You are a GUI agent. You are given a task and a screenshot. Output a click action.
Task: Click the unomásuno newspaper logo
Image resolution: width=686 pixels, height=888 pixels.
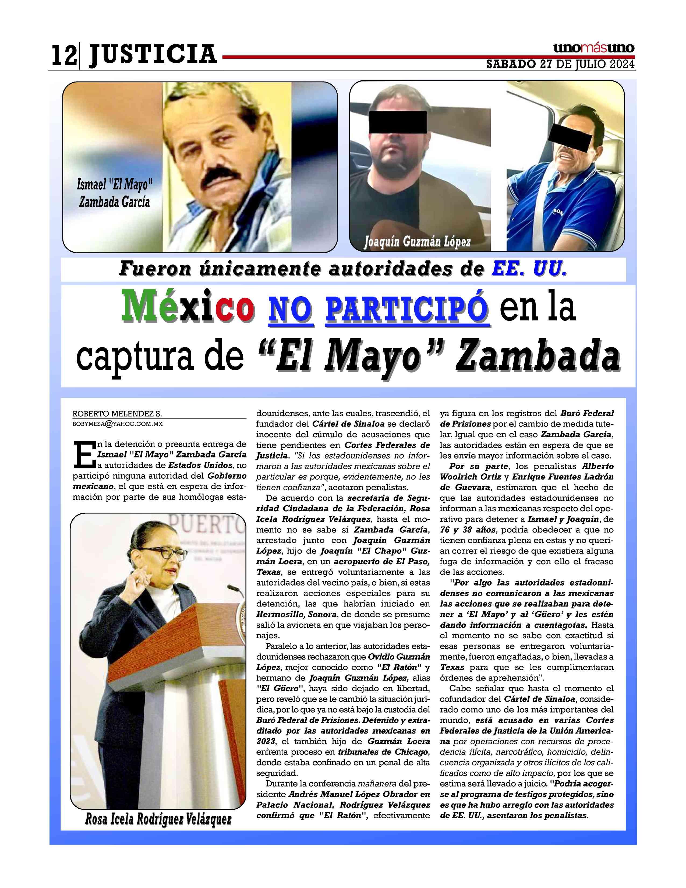tap(593, 48)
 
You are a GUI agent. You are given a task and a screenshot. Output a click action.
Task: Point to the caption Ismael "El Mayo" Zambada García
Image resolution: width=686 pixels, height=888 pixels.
tap(114, 193)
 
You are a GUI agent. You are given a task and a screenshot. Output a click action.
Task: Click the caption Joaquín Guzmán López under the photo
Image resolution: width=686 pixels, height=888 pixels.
tap(417, 242)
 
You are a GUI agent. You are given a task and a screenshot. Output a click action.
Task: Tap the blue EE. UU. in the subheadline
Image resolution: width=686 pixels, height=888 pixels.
tap(528, 269)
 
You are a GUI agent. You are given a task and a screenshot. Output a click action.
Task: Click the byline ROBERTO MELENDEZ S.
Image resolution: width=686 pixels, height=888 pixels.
tap(117, 414)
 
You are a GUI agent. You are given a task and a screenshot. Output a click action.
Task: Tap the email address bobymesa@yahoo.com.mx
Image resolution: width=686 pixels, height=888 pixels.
tap(118, 424)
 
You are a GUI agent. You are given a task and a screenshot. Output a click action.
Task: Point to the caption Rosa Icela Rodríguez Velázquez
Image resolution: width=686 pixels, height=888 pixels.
tap(158, 819)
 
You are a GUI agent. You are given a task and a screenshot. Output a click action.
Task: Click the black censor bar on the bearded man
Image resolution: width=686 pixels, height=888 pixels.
tap(397, 122)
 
